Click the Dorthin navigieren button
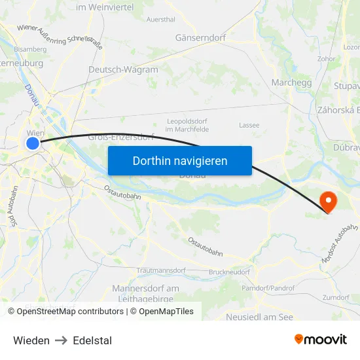tap(180, 160)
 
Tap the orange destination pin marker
tap(325, 201)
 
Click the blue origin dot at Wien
tap(33, 143)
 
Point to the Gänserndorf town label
tap(200, 38)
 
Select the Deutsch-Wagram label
tap(123, 69)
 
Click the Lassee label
tap(249, 125)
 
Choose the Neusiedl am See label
tap(259, 317)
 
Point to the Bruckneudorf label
tap(229, 272)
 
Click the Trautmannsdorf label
tap(162, 270)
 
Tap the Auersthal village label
tap(160, 20)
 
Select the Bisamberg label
tap(30, 49)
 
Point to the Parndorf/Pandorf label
tap(268, 288)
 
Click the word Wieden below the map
tap(31, 340)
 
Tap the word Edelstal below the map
tap(92, 340)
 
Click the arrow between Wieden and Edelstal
tap(62, 340)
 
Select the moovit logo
tap(321, 339)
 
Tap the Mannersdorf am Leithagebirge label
tap(145, 293)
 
